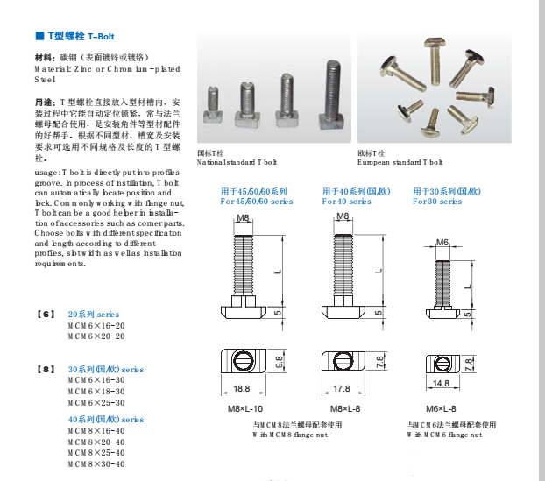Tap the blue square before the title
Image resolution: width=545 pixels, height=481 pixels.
click(39, 36)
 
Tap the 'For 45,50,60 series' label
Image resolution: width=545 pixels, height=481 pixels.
click(256, 201)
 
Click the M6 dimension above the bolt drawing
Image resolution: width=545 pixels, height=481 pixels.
click(442, 242)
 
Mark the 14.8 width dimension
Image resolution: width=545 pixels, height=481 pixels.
click(441, 383)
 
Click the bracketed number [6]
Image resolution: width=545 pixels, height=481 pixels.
click(46, 314)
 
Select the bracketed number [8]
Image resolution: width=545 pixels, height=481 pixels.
click(46, 370)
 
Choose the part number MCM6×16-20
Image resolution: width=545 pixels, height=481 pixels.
click(96, 325)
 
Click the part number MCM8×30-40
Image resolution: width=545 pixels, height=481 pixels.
click(96, 463)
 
